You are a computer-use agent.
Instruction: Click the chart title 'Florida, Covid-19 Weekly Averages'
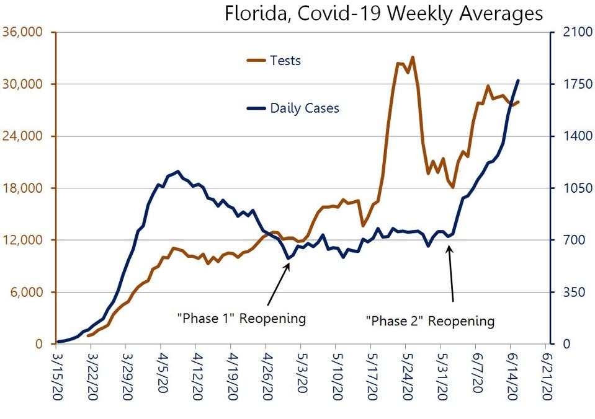click(383, 13)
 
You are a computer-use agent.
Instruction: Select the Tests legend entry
click(285, 60)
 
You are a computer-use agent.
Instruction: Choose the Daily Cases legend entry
click(304, 108)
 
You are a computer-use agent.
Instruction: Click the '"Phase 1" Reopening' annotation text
click(241, 319)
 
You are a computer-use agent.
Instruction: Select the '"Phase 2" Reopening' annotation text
click(430, 321)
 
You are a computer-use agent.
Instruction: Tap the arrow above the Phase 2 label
click(451, 273)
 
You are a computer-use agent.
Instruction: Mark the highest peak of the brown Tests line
click(413, 57)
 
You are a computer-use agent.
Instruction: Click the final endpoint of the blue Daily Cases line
click(518, 81)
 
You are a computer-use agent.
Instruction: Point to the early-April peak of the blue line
click(178, 171)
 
